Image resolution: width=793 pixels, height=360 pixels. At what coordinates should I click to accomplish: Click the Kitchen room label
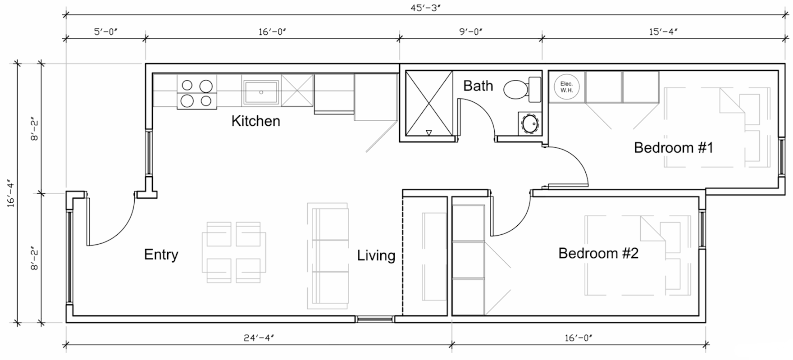255,121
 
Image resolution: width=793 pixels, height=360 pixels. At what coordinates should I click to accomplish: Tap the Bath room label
478,86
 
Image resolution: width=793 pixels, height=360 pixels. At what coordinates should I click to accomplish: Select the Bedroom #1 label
673,147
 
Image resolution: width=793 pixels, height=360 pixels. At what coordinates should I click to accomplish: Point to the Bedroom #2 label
598,253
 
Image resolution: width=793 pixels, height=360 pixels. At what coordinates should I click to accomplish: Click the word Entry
161,255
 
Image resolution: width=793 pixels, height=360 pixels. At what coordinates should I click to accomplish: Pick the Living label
376,255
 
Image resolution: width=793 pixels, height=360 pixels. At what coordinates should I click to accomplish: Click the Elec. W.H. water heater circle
566,87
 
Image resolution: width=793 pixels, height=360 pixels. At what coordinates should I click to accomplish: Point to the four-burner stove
197,93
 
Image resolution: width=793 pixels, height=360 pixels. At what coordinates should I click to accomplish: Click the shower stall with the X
428,103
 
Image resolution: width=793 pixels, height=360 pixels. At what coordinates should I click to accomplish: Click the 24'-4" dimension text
259,337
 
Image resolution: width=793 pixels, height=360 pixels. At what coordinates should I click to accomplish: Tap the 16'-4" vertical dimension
10,194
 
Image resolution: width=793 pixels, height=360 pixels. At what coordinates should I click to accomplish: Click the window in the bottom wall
375,319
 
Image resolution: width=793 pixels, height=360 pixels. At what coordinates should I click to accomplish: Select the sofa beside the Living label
328,255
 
